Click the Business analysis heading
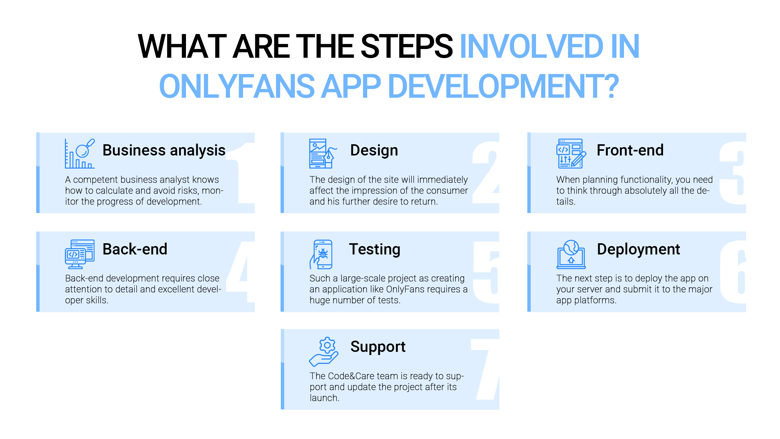pos(164,150)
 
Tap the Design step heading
pos(374,150)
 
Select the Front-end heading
pos(630,150)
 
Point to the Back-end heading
pos(135,249)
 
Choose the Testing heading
pos(374,249)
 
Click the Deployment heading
pos(638,249)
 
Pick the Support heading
pos(378,347)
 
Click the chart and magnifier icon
pos(80,154)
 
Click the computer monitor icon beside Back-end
pos(80,254)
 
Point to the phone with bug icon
pos(321,254)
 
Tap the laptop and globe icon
pos(571,254)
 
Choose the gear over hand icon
pos(324,352)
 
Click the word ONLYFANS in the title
pos(237,86)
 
